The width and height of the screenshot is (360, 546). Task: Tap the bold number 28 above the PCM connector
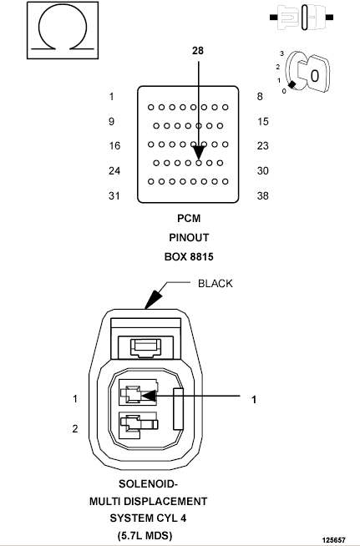pos(198,51)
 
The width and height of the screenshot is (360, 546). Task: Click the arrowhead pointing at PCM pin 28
pos(199,153)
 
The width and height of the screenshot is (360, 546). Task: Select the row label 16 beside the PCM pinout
pos(114,145)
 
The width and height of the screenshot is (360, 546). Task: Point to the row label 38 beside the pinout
pos(263,195)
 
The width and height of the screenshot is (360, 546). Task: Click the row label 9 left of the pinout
pos(111,121)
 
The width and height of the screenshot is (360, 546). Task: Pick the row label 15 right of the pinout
pos(263,121)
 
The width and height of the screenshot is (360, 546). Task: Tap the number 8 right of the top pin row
pos(260,97)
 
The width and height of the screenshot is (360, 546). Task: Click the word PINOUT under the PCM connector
pos(189,237)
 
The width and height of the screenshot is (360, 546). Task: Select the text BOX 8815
pos(189,257)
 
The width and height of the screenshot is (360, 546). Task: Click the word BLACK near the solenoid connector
pos(215,284)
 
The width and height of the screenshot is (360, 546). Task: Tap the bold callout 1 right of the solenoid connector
pos(254,399)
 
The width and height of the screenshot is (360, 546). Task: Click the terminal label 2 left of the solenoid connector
pos(75,428)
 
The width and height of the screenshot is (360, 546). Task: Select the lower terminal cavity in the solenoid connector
pos(138,426)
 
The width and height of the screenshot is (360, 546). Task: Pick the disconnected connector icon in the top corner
pos(302,17)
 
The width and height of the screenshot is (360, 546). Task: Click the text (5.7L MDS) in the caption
pos(145,535)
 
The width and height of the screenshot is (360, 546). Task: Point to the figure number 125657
pos(334,540)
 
